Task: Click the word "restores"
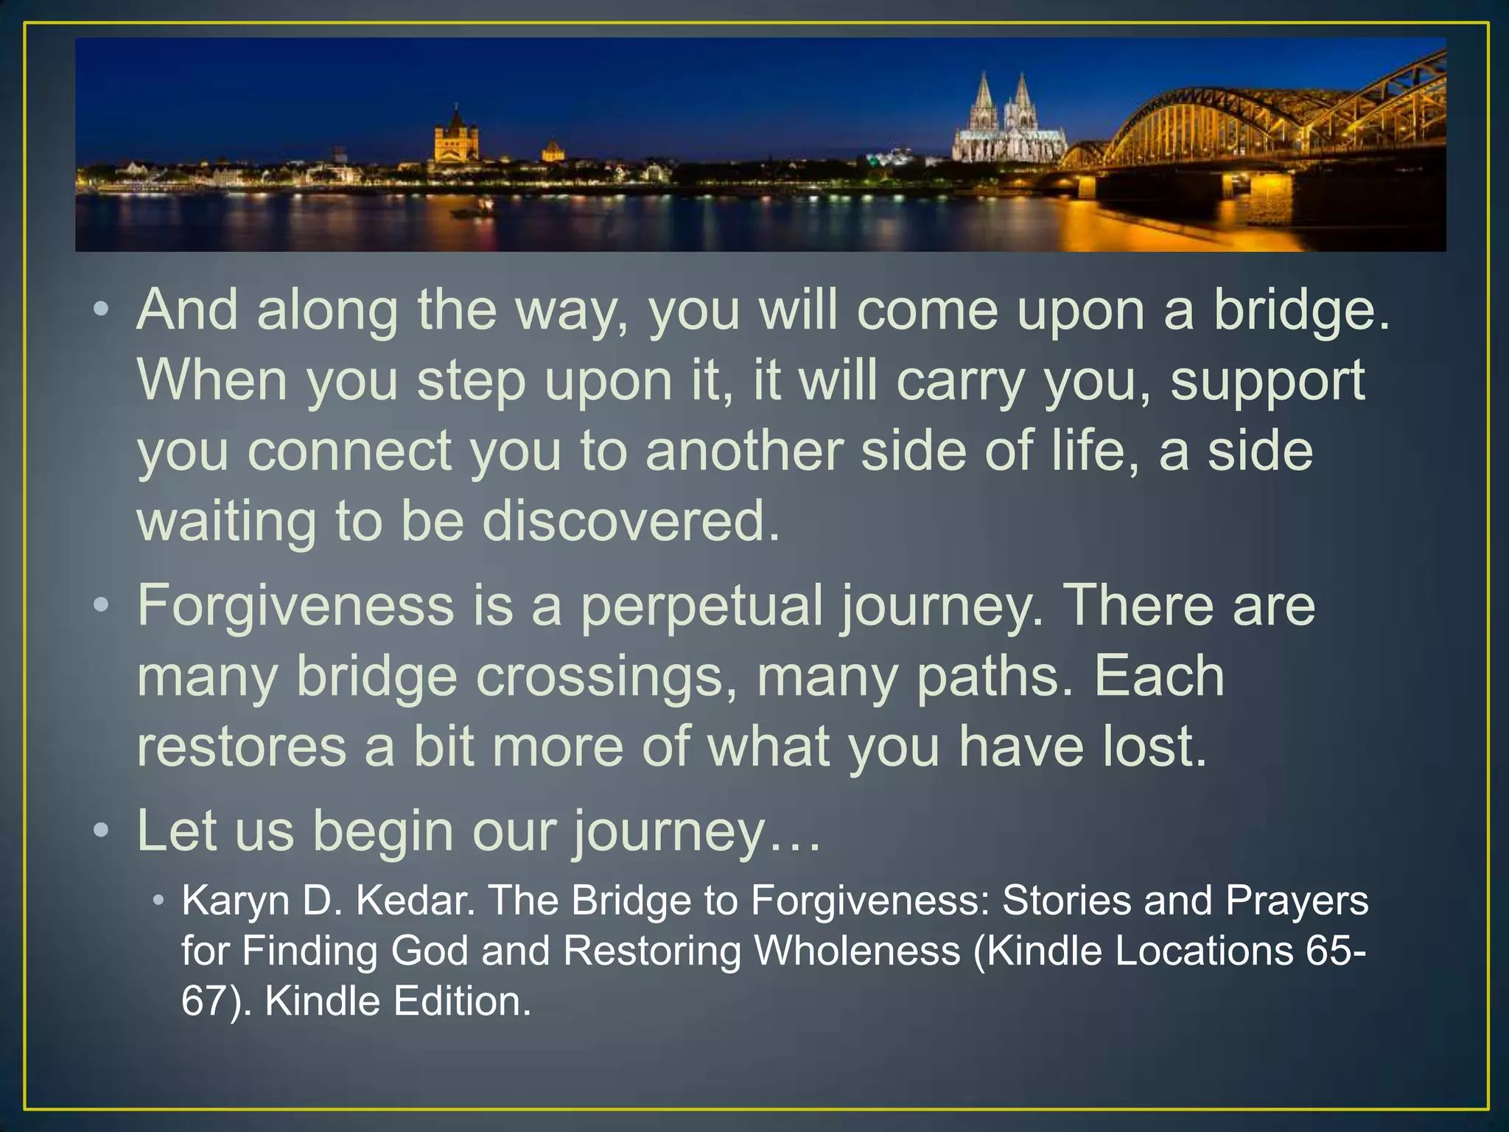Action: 242,747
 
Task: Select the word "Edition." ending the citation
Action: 462,1001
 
